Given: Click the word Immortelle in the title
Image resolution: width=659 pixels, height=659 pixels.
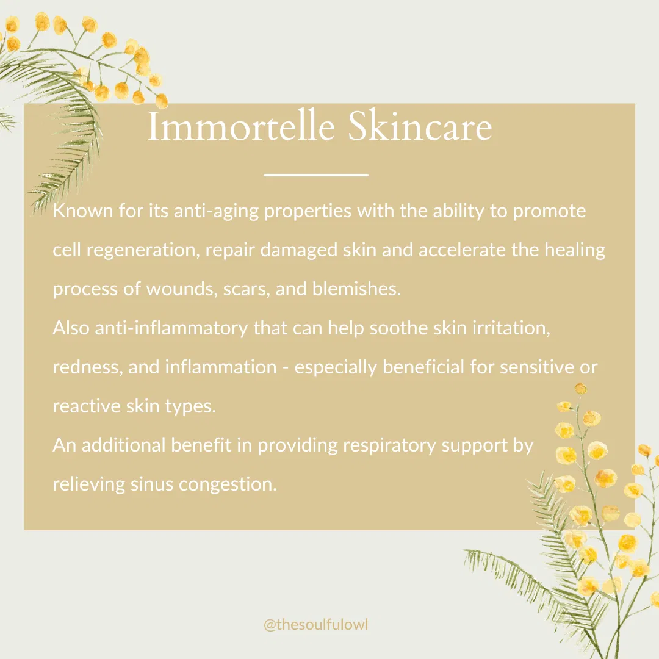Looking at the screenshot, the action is click(241, 126).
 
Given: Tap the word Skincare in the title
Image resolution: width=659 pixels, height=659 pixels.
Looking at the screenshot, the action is click(420, 126).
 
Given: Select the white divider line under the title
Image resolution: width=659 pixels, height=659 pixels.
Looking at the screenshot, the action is click(316, 175).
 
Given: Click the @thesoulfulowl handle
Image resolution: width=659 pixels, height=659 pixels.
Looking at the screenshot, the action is click(315, 625).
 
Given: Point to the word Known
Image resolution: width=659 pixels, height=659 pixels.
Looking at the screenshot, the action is click(83, 211).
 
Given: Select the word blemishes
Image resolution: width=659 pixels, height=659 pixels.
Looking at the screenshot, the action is click(356, 289).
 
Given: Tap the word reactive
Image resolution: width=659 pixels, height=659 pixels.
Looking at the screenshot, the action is click(87, 406).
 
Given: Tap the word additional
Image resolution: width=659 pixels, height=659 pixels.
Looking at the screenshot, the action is click(123, 445).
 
